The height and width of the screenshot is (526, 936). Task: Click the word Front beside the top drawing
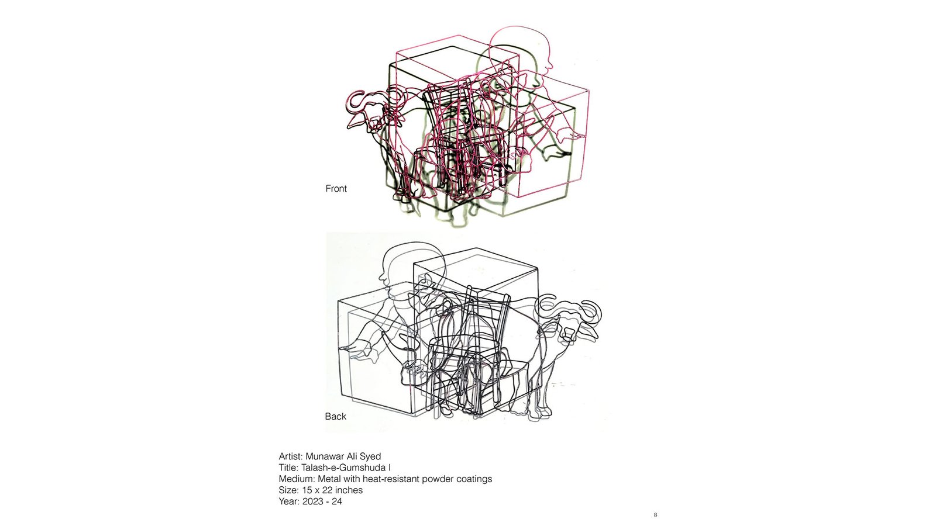coord(336,189)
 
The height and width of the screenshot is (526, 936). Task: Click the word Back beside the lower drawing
coord(336,417)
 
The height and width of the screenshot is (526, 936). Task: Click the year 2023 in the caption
coord(312,501)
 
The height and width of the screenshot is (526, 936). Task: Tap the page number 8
coord(655,515)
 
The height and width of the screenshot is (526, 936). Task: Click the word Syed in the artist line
coord(370,456)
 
